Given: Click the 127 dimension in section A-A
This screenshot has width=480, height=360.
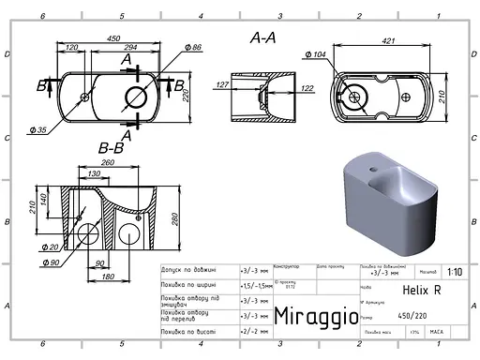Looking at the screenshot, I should [x=222, y=85].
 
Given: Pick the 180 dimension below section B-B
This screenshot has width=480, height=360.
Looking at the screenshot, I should [x=108, y=277].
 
